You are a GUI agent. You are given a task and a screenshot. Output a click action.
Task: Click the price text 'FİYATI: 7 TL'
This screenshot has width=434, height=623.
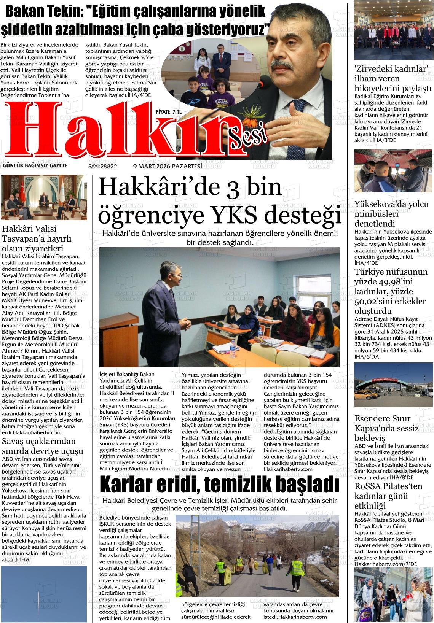tap(169, 112)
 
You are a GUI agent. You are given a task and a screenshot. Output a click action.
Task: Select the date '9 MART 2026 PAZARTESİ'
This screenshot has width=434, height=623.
tap(167, 166)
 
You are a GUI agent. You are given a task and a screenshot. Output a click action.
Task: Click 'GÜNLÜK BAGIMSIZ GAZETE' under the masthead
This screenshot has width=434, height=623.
tap(35, 165)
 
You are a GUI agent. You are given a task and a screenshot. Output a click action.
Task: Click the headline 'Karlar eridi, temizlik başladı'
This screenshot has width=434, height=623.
tap(219, 485)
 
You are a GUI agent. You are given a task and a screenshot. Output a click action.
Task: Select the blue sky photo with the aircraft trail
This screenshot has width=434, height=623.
tap(44, 593)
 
